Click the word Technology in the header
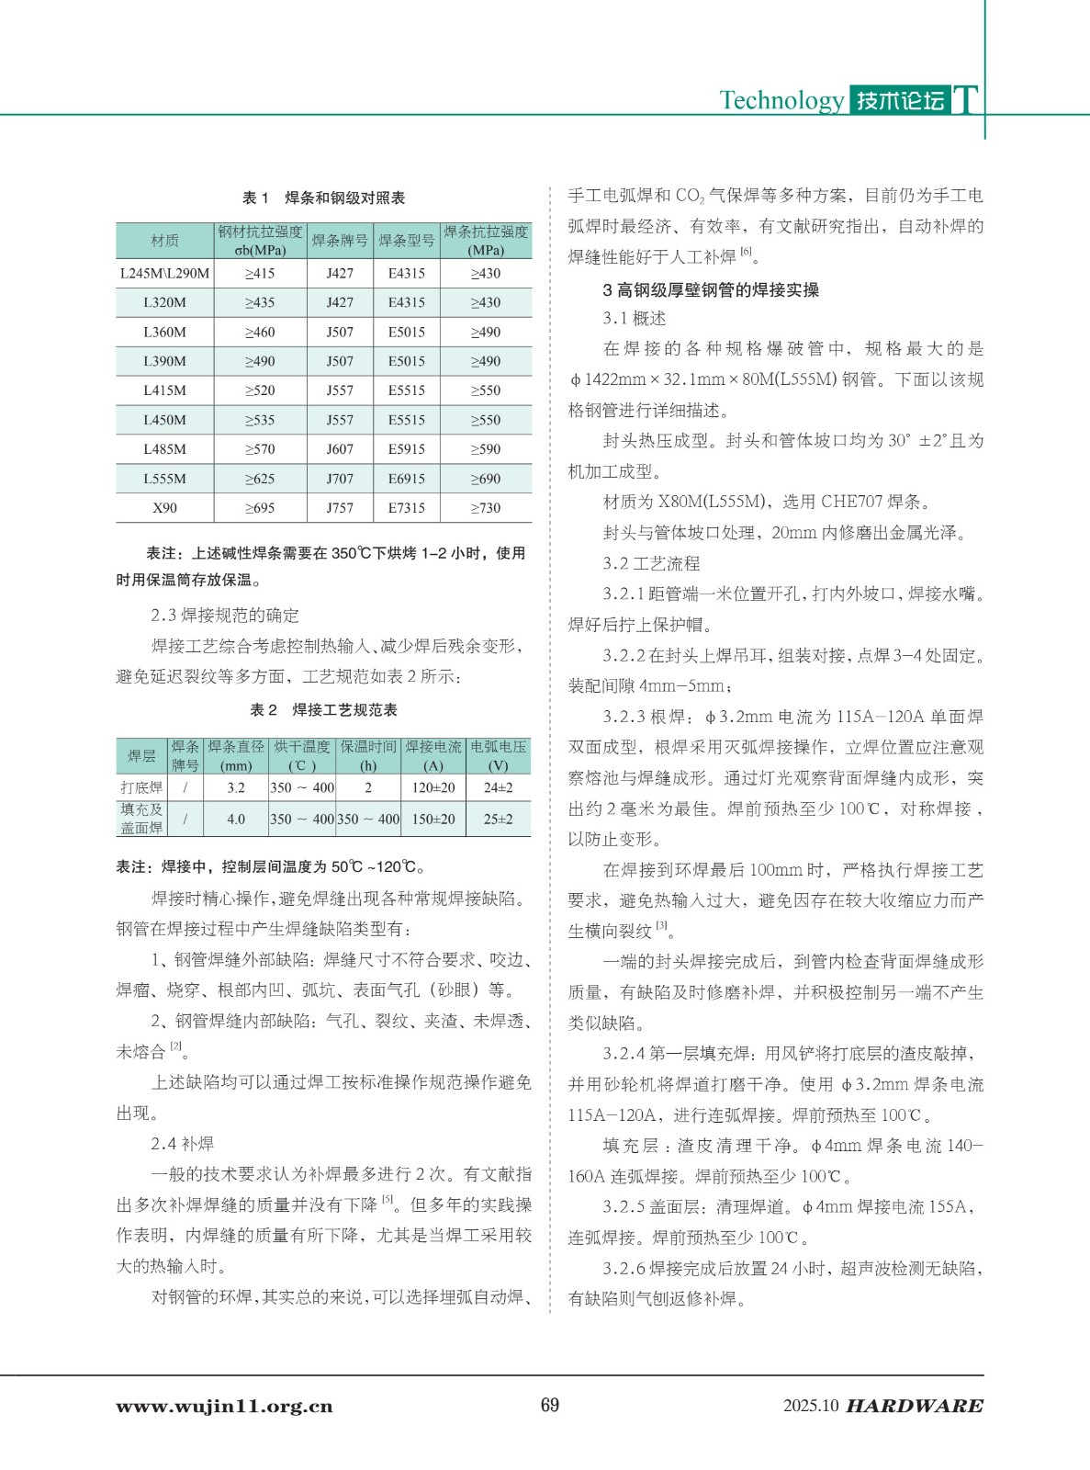(781, 100)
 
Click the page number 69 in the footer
(549, 1405)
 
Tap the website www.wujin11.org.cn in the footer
(224, 1407)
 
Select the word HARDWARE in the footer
(914, 1407)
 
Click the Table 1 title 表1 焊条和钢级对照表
(323, 198)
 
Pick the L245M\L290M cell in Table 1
(164, 273)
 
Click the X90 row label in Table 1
(164, 508)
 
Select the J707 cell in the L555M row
(340, 479)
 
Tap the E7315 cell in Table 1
(406, 508)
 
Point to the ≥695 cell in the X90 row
(260, 508)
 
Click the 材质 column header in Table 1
(164, 241)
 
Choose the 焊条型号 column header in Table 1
(406, 241)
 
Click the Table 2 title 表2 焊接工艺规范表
(323, 710)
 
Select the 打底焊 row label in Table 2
(141, 787)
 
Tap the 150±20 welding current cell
(433, 819)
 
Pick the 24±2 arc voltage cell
(498, 787)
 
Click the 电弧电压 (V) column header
(498, 756)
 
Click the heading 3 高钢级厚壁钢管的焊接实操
(710, 290)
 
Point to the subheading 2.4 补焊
(182, 1144)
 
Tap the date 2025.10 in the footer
(811, 1407)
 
